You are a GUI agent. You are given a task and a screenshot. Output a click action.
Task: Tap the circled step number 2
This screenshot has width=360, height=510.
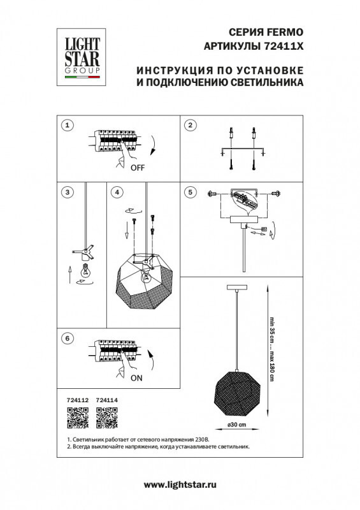pos(189,125)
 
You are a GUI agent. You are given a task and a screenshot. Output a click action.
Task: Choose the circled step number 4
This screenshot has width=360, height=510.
pos(115,192)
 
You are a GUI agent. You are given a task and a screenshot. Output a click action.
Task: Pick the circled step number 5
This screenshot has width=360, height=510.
pos(189,192)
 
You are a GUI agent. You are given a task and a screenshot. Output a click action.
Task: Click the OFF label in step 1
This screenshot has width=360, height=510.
pos(138,168)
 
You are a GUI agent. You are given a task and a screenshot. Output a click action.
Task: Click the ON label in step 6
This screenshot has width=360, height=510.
pos(136,377)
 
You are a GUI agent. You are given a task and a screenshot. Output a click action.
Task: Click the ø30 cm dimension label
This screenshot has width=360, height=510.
pos(237,426)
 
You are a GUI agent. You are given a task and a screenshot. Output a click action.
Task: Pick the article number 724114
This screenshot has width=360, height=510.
pos(107,400)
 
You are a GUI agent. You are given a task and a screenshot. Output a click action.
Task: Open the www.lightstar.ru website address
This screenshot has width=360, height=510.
pos(180,485)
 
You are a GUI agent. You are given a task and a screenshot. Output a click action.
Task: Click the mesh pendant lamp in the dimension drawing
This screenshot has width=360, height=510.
pos(237,390)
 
